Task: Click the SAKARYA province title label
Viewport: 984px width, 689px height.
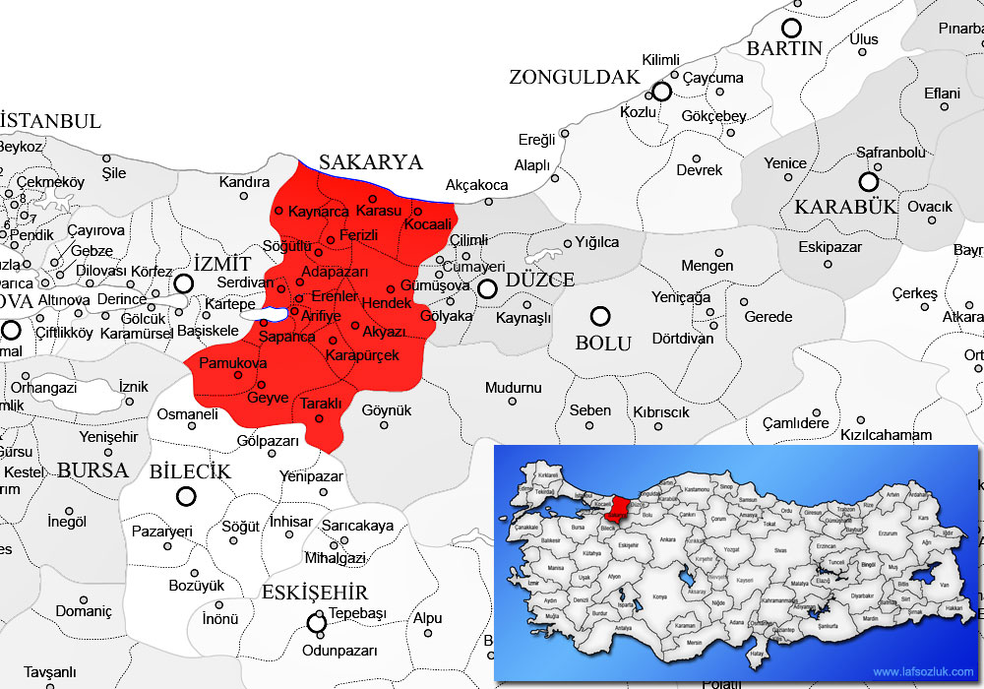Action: pyautogui.click(x=371, y=162)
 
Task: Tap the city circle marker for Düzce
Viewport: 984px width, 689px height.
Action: pyautogui.click(x=487, y=288)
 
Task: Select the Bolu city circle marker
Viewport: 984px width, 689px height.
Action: pyautogui.click(x=599, y=316)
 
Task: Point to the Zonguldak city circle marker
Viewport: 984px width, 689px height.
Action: pyautogui.click(x=661, y=92)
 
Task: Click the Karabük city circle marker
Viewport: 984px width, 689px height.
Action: pyautogui.click(x=868, y=181)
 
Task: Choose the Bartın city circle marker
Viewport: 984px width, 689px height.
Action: pyautogui.click(x=791, y=28)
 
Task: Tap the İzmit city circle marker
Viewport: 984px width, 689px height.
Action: pyautogui.click(x=183, y=283)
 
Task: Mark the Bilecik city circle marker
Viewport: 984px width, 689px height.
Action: pyautogui.click(x=185, y=497)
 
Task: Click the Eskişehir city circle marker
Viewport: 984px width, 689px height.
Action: pyautogui.click(x=317, y=622)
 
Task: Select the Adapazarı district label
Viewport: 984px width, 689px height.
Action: pyautogui.click(x=335, y=272)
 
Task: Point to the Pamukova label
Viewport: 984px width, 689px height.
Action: pyautogui.click(x=233, y=364)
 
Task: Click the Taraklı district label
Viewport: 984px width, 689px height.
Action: pyautogui.click(x=321, y=404)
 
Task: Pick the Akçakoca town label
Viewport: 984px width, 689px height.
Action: pyautogui.click(x=477, y=185)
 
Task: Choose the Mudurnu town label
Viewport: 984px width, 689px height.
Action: pyautogui.click(x=513, y=388)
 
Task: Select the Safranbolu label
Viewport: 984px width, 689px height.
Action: pyautogui.click(x=891, y=153)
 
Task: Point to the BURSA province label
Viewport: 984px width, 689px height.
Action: pyautogui.click(x=92, y=470)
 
